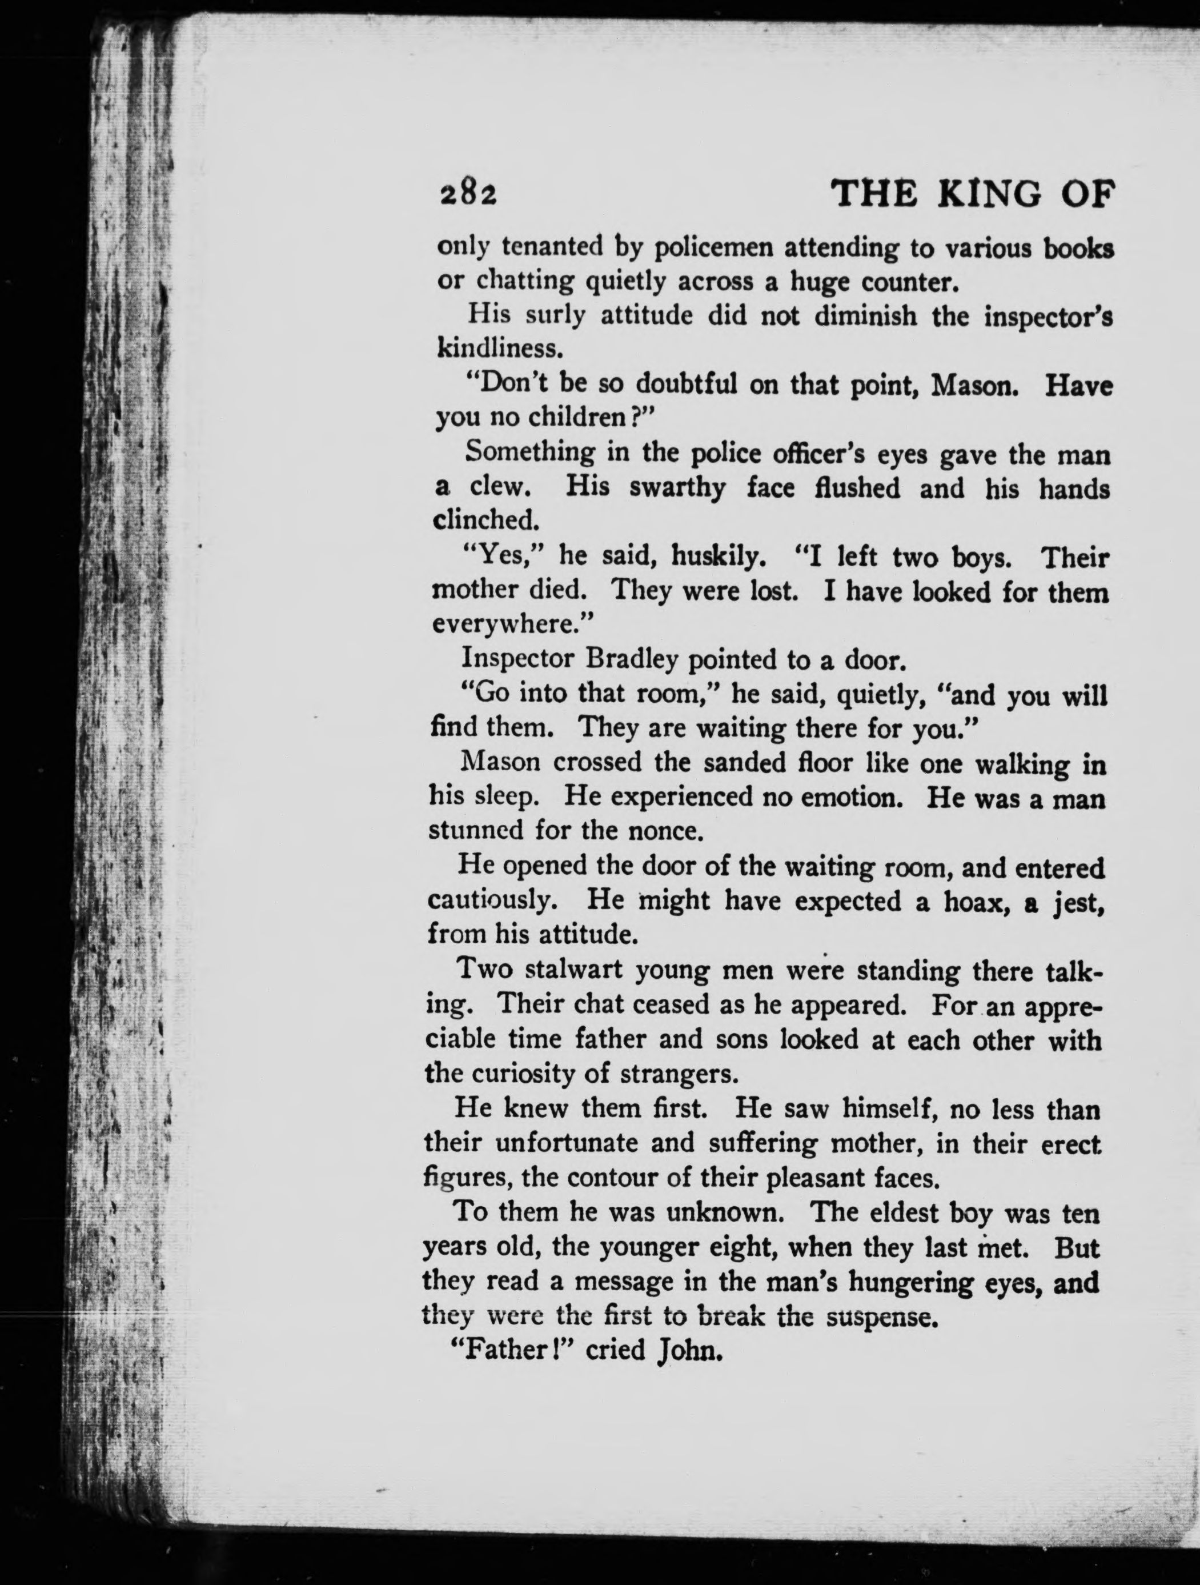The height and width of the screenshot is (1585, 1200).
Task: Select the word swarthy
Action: [677, 489]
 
